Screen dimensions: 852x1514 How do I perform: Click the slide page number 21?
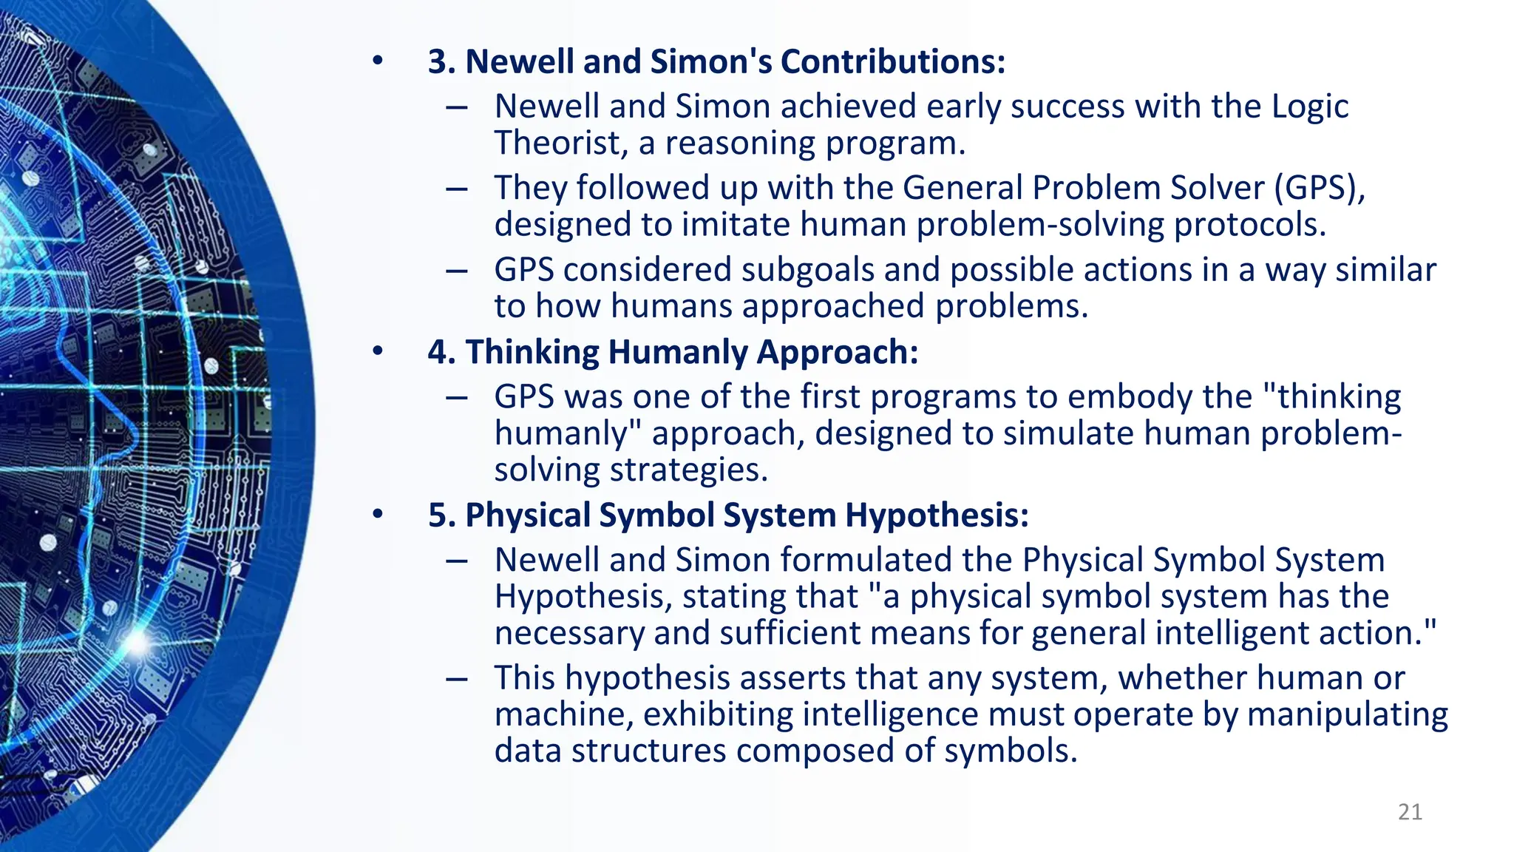coord(1410,811)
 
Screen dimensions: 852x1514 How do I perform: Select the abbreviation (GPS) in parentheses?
coord(1319,188)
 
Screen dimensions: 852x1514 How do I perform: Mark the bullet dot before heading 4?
coord(378,352)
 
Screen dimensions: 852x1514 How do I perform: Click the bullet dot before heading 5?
coord(378,515)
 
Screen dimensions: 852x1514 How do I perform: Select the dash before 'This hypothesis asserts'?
coord(457,678)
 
